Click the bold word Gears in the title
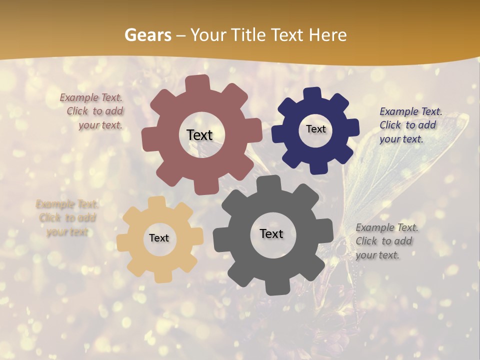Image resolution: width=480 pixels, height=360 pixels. (147, 35)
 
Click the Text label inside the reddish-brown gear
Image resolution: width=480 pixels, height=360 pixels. (199, 135)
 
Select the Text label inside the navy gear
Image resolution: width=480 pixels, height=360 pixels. (315, 129)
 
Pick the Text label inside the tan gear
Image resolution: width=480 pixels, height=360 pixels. (159, 238)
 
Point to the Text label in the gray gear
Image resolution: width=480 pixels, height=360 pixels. (271, 234)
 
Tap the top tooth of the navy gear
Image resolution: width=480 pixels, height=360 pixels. (313, 93)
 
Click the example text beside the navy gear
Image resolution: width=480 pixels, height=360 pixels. (410, 125)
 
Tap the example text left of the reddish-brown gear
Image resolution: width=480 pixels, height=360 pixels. (93, 111)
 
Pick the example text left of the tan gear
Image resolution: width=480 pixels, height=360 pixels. (66, 218)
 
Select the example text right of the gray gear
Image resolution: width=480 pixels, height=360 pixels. (386, 241)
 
